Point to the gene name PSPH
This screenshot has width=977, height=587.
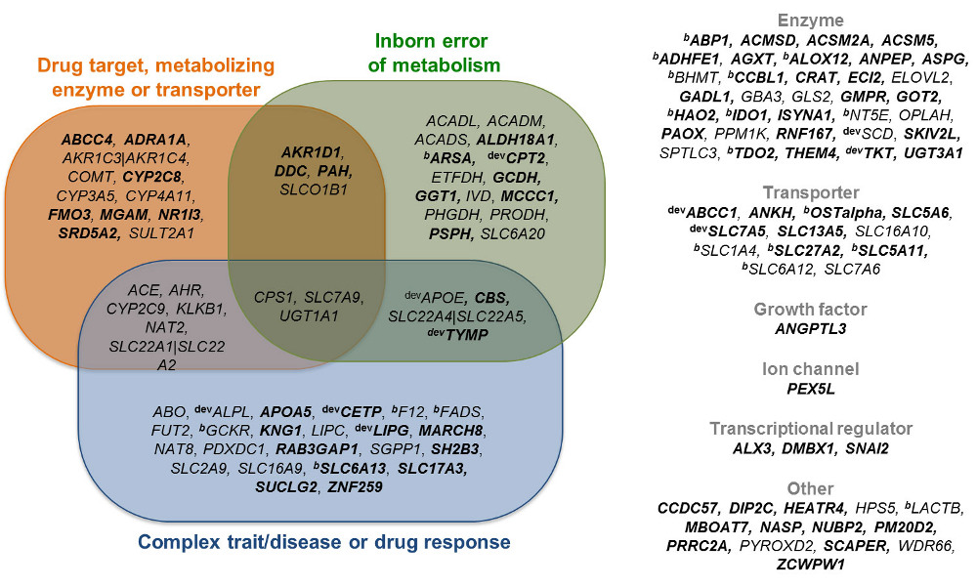pos(450,233)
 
